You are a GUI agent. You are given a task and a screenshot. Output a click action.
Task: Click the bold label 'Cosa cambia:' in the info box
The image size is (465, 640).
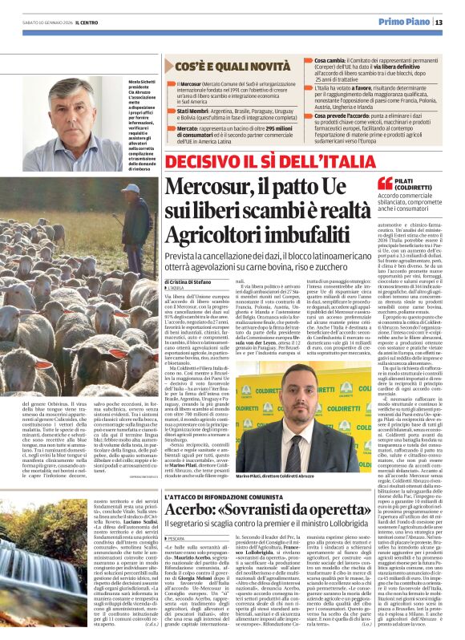[x=330, y=59]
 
